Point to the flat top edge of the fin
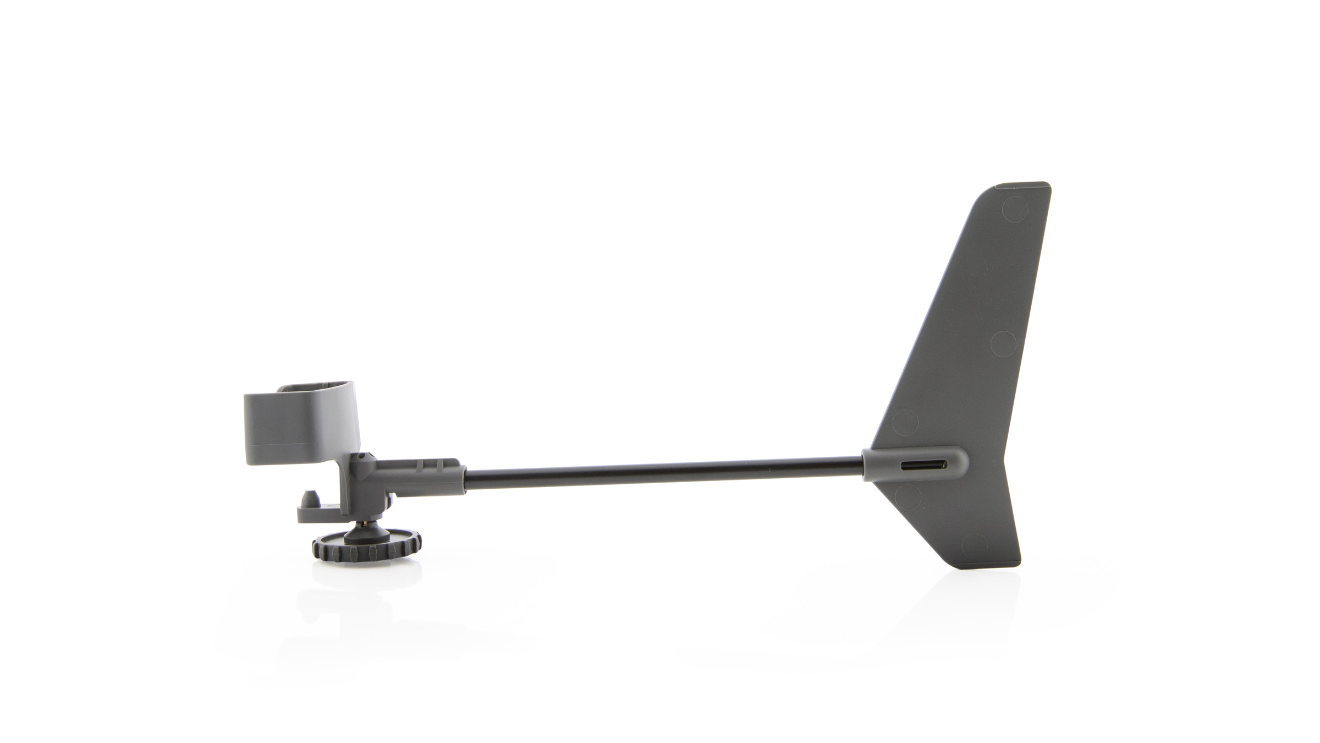pos(1018,184)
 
